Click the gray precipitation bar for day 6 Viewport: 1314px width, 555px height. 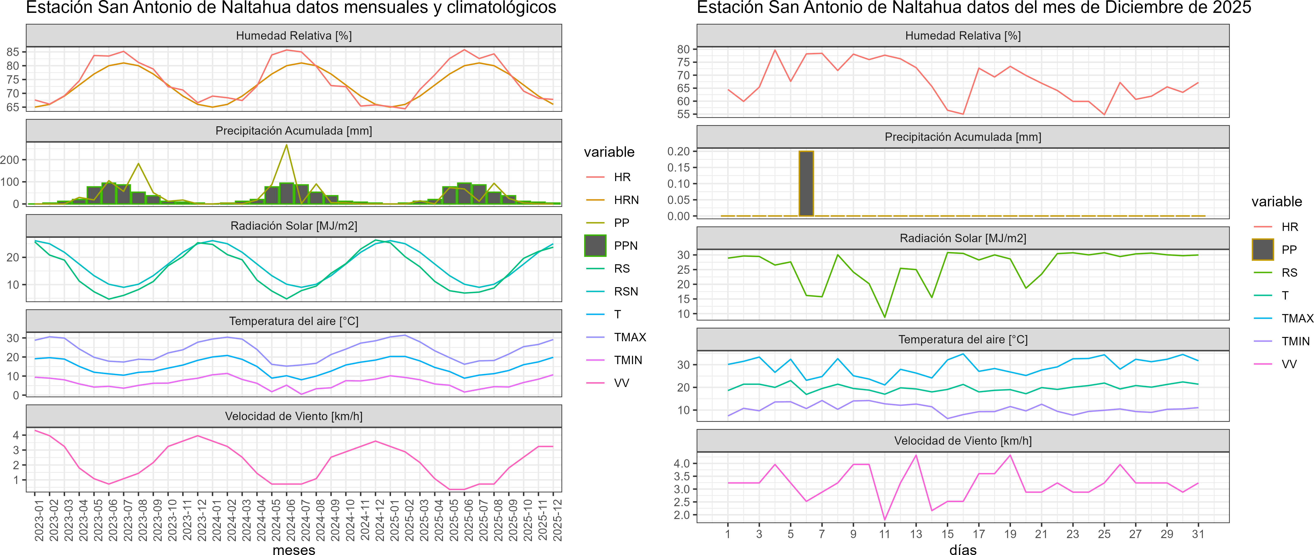[806, 183]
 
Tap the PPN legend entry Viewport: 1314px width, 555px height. [625, 246]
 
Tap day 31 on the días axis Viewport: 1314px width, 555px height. [1198, 534]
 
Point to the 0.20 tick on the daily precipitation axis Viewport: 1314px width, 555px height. [678, 151]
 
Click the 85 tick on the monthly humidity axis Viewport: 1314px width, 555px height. [13, 52]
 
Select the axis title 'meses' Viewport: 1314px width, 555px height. [294, 549]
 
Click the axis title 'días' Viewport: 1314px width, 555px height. [963, 549]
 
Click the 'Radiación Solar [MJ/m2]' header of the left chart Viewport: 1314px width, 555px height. [294, 226]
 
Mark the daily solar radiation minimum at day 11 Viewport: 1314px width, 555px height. [885, 317]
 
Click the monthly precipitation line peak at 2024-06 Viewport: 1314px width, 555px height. [286, 145]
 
